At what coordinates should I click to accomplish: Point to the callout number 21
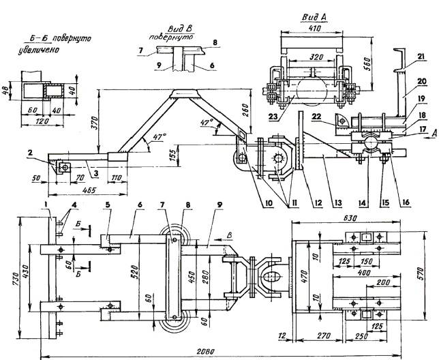tap(421, 57)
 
